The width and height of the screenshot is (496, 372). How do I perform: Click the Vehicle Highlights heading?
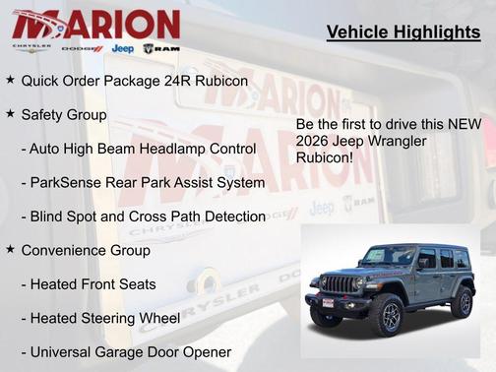pyautogui.click(x=403, y=32)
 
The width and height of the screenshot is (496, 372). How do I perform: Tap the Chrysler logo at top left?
pyautogui.click(x=31, y=48)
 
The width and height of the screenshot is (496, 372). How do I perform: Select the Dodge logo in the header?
pyautogui.click(x=82, y=48)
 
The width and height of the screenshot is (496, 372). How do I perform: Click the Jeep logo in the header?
pyautogui.click(x=123, y=48)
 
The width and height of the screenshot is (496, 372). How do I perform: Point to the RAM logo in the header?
pyautogui.click(x=161, y=48)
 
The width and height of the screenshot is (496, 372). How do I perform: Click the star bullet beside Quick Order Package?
pyautogui.click(x=10, y=78)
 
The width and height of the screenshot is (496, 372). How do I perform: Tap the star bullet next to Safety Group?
pyautogui.click(x=10, y=114)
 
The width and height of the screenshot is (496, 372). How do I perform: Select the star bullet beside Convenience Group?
pyautogui.click(x=10, y=250)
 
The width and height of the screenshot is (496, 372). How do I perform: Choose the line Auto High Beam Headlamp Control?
pyautogui.click(x=138, y=149)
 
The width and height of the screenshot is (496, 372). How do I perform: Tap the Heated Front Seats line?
pyautogui.click(x=89, y=284)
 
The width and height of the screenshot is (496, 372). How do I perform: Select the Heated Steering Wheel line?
pyautogui.click(x=100, y=318)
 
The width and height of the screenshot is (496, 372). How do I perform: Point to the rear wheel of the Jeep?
pyautogui.click(x=461, y=301)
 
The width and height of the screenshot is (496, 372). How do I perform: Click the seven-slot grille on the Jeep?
pyautogui.click(x=339, y=285)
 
